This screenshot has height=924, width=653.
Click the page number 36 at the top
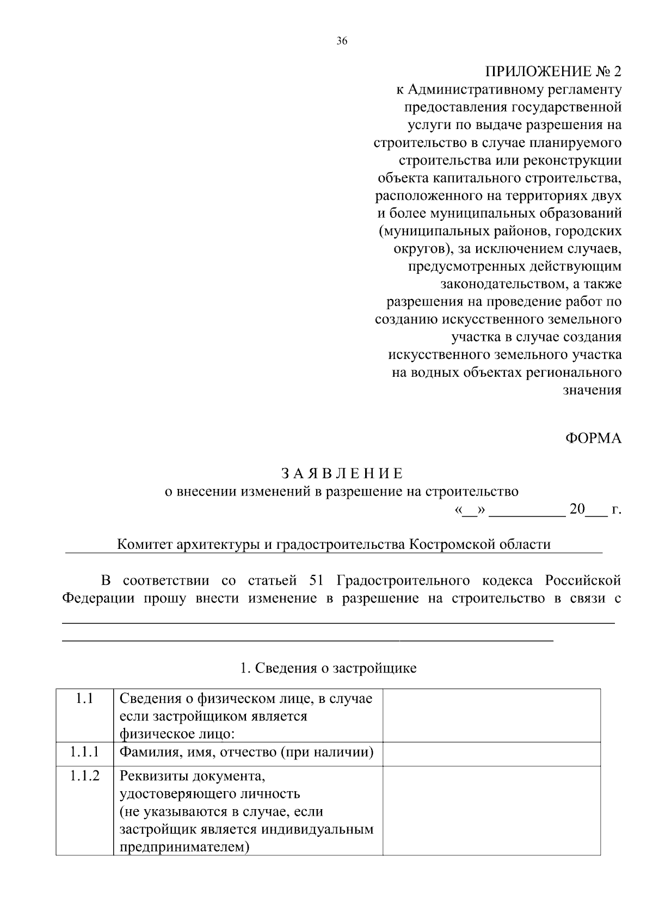[x=342, y=41]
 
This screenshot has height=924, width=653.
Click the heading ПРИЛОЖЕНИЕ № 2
[x=553, y=72]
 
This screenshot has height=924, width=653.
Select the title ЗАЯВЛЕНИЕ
[x=342, y=473]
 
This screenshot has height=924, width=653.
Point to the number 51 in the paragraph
[x=316, y=580]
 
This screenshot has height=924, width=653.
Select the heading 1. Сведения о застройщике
[x=328, y=668]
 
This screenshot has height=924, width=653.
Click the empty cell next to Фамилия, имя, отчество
[x=491, y=754]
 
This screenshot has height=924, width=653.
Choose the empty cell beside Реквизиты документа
[x=491, y=810]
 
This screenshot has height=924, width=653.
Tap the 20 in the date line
[x=577, y=510]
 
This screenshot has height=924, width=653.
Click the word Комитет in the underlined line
[x=144, y=544]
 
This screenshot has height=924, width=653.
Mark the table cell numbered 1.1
[x=84, y=699]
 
